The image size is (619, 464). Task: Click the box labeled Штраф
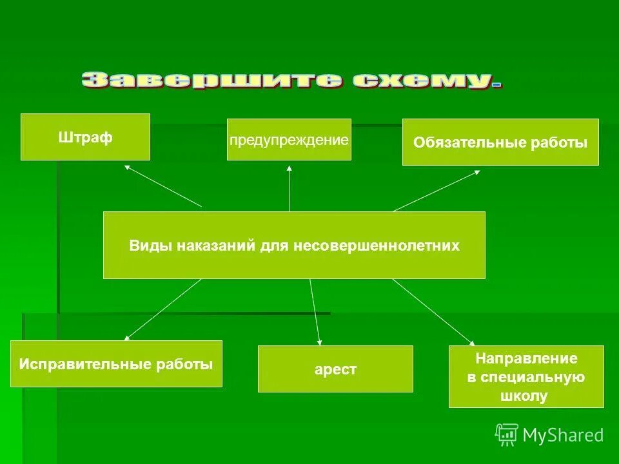pyautogui.click(x=85, y=137)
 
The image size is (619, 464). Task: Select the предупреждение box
pyautogui.click(x=289, y=139)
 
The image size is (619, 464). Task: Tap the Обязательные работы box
pyautogui.click(x=500, y=142)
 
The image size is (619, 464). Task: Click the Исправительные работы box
pyautogui.click(x=116, y=363)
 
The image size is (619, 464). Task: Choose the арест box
pyautogui.click(x=335, y=369)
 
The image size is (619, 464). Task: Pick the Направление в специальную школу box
pyautogui.click(x=526, y=376)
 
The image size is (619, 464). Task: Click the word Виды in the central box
pyautogui.click(x=145, y=246)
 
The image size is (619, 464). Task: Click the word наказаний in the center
pyautogui.click(x=210, y=246)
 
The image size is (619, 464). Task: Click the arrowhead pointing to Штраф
pyautogui.click(x=127, y=167)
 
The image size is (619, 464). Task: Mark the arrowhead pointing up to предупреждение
pyautogui.click(x=289, y=168)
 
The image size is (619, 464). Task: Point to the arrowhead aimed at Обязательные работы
pyautogui.click(x=477, y=171)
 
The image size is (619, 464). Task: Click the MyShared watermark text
pyautogui.click(x=563, y=435)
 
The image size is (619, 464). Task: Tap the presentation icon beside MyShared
pyautogui.click(x=507, y=434)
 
